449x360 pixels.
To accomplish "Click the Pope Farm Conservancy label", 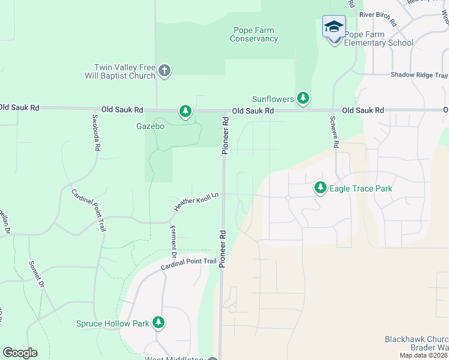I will pyautogui.click(x=254, y=35).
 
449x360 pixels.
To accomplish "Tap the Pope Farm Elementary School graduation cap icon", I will pyautogui.click(x=334, y=27).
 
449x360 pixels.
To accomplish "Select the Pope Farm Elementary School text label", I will pyautogui.click(x=378, y=39).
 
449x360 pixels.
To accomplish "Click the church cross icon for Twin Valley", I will pyautogui.click(x=164, y=72).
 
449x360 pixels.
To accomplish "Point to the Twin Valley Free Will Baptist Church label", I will pyautogui.click(x=125, y=72).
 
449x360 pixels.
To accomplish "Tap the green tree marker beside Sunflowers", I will pyautogui.click(x=303, y=98).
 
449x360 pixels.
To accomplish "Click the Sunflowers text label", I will pyautogui.click(x=273, y=99).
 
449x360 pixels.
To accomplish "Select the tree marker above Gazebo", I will pyautogui.click(x=185, y=112).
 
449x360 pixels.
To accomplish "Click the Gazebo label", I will pyautogui.click(x=149, y=127).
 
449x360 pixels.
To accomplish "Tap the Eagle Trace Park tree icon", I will pyautogui.click(x=321, y=188).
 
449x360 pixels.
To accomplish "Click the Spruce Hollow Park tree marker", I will pyautogui.click(x=158, y=323).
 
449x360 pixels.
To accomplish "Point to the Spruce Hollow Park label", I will pyautogui.click(x=112, y=323).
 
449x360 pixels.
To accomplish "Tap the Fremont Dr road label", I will pyautogui.click(x=173, y=237).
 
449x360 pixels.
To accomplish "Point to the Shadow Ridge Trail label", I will pyautogui.click(x=419, y=75).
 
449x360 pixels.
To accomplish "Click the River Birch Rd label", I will pyautogui.click(x=379, y=18).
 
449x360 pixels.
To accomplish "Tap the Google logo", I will pyautogui.click(x=20, y=353).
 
